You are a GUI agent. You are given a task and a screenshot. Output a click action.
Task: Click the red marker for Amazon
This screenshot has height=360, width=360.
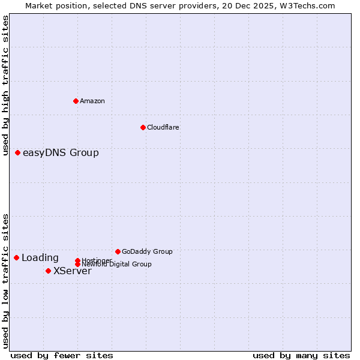[76, 101]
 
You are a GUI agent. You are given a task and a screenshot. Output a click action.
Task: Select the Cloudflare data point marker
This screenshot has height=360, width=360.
[143, 127]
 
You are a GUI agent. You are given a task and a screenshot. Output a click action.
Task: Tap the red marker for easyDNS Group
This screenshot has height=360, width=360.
[18, 153]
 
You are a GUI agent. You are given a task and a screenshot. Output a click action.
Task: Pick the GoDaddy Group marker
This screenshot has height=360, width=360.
[118, 251]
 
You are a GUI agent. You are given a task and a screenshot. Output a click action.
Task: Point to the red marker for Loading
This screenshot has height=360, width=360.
[17, 258]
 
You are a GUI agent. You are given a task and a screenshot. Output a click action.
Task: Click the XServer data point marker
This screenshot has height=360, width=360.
[48, 271]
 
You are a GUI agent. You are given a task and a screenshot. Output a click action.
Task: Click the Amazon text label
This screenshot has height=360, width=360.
[92, 101]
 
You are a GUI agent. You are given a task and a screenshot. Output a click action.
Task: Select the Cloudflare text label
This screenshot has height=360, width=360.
[163, 127]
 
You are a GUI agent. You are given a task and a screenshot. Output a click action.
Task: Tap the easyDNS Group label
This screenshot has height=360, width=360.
[61, 153]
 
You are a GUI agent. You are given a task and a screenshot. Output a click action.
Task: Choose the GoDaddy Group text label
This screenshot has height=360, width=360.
[147, 251]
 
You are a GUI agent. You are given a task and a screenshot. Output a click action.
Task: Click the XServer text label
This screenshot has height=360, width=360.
[73, 271]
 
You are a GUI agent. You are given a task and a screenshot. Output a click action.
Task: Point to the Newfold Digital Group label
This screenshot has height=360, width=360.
[116, 264]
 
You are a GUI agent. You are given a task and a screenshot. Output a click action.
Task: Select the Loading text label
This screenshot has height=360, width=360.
[40, 258]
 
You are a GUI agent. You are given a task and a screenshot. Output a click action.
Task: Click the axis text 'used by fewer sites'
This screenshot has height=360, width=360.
[62, 356]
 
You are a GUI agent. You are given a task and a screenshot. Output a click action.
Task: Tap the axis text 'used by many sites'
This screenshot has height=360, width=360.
[301, 356]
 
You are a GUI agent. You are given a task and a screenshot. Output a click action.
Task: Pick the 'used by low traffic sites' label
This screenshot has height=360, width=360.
[5, 281]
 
